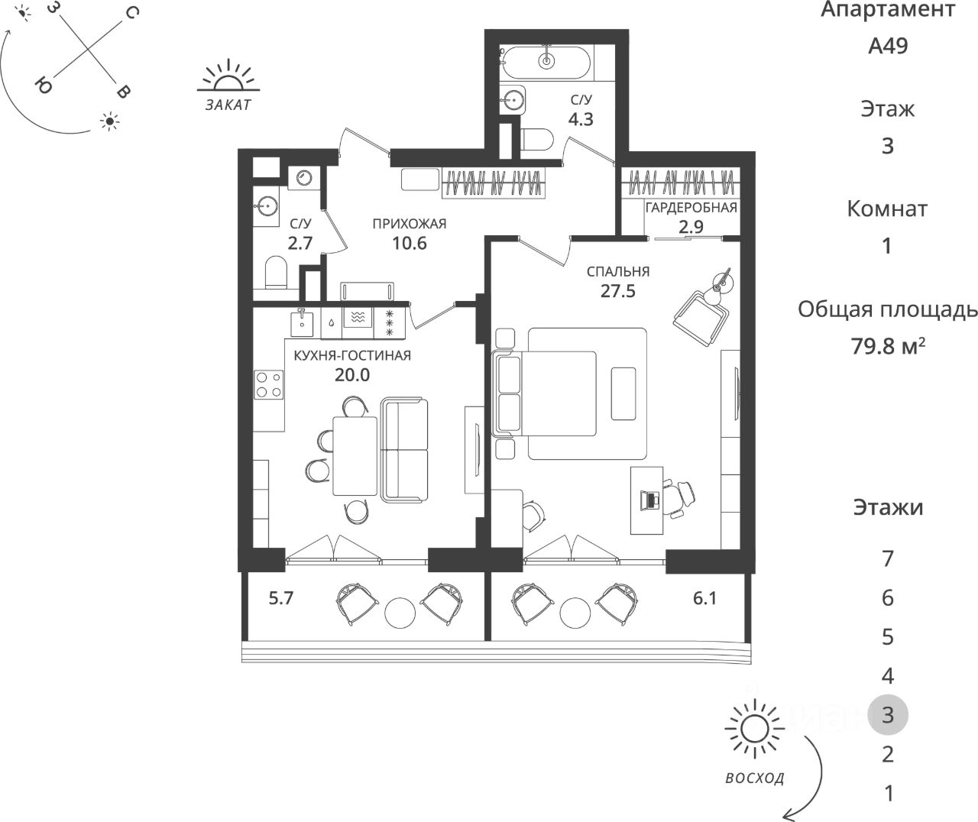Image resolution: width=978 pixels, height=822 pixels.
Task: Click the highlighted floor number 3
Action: pyautogui.click(x=888, y=715)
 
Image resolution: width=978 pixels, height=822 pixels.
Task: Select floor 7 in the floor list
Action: pyautogui.click(x=888, y=558)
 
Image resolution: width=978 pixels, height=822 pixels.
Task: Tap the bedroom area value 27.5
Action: pyautogui.click(x=617, y=290)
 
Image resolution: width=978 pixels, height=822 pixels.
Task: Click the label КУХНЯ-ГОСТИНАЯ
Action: pyautogui.click(x=352, y=355)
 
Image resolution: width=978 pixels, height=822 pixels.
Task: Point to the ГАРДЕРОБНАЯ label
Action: pyautogui.click(x=691, y=207)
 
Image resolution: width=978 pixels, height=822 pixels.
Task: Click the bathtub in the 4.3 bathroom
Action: pyautogui.click(x=546, y=60)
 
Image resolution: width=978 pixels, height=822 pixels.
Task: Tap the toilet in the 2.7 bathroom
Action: pyautogui.click(x=274, y=273)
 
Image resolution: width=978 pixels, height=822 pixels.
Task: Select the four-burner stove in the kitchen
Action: pyautogui.click(x=268, y=383)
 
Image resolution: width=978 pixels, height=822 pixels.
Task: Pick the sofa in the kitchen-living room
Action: pyautogui.click(x=405, y=451)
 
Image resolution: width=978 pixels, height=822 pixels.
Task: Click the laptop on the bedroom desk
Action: pyautogui.click(x=651, y=499)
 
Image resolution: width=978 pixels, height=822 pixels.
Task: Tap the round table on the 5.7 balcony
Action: pyautogui.click(x=400, y=611)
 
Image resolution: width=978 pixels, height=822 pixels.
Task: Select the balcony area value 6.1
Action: pyautogui.click(x=704, y=599)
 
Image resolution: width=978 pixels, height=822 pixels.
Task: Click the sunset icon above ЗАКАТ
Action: pyautogui.click(x=227, y=78)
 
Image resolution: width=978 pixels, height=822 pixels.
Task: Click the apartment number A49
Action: pyautogui.click(x=888, y=46)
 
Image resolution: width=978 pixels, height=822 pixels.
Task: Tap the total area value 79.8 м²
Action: pyautogui.click(x=888, y=346)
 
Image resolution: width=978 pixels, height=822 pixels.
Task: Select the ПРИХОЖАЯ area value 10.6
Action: pyautogui.click(x=409, y=244)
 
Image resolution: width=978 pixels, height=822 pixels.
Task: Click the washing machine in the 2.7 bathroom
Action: pyautogui.click(x=303, y=177)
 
